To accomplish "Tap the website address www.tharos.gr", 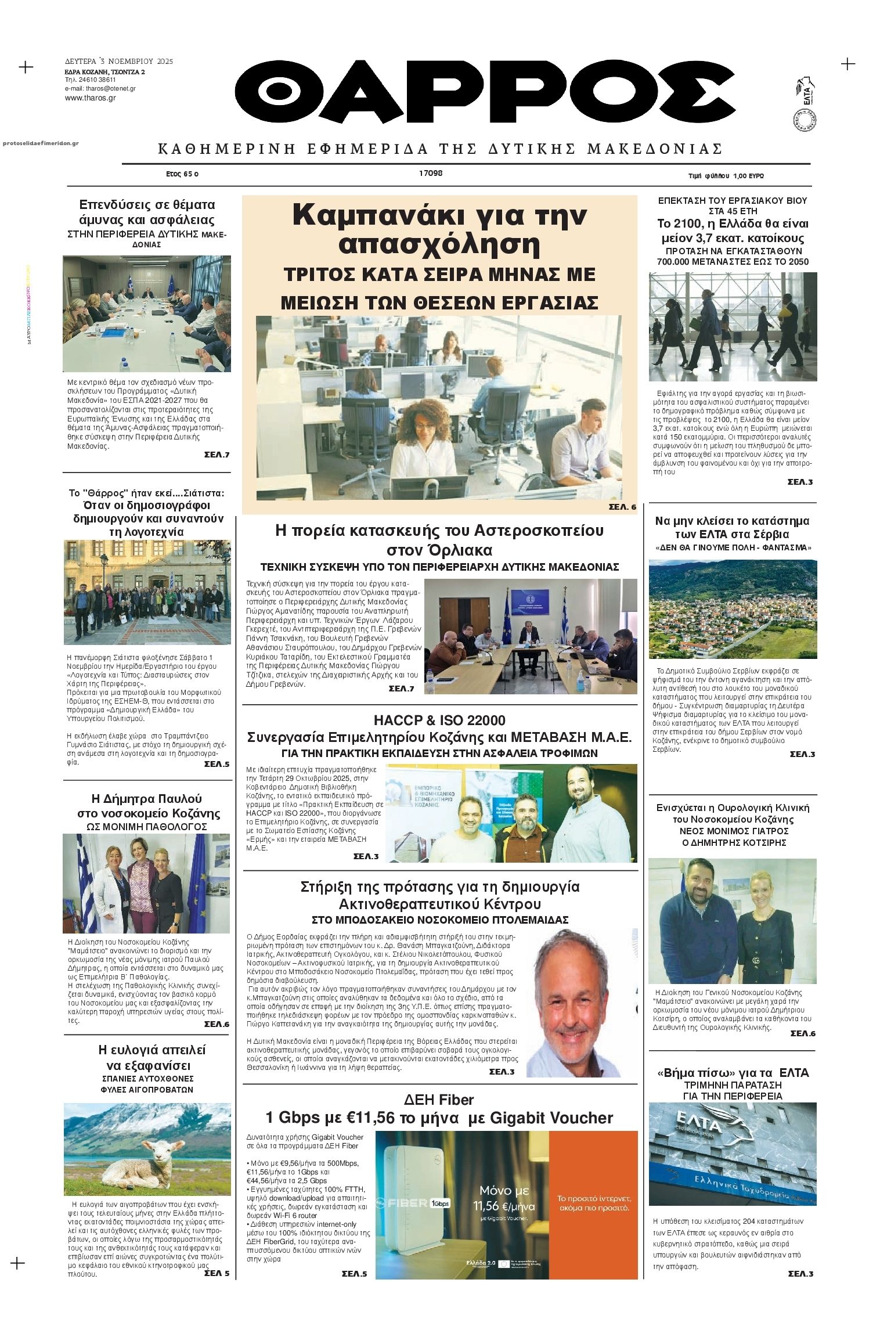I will pyautogui.click(x=90, y=98).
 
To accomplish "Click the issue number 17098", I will pyautogui.click(x=431, y=173).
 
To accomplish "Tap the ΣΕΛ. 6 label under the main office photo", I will pyautogui.click(x=622, y=507).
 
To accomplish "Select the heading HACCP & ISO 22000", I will pyautogui.click(x=439, y=720).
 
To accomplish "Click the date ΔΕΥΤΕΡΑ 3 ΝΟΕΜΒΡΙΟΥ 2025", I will pyautogui.click(x=119, y=62).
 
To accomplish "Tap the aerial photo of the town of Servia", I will pyautogui.click(x=733, y=609).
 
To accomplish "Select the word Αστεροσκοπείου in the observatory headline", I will pyautogui.click(x=539, y=531).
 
